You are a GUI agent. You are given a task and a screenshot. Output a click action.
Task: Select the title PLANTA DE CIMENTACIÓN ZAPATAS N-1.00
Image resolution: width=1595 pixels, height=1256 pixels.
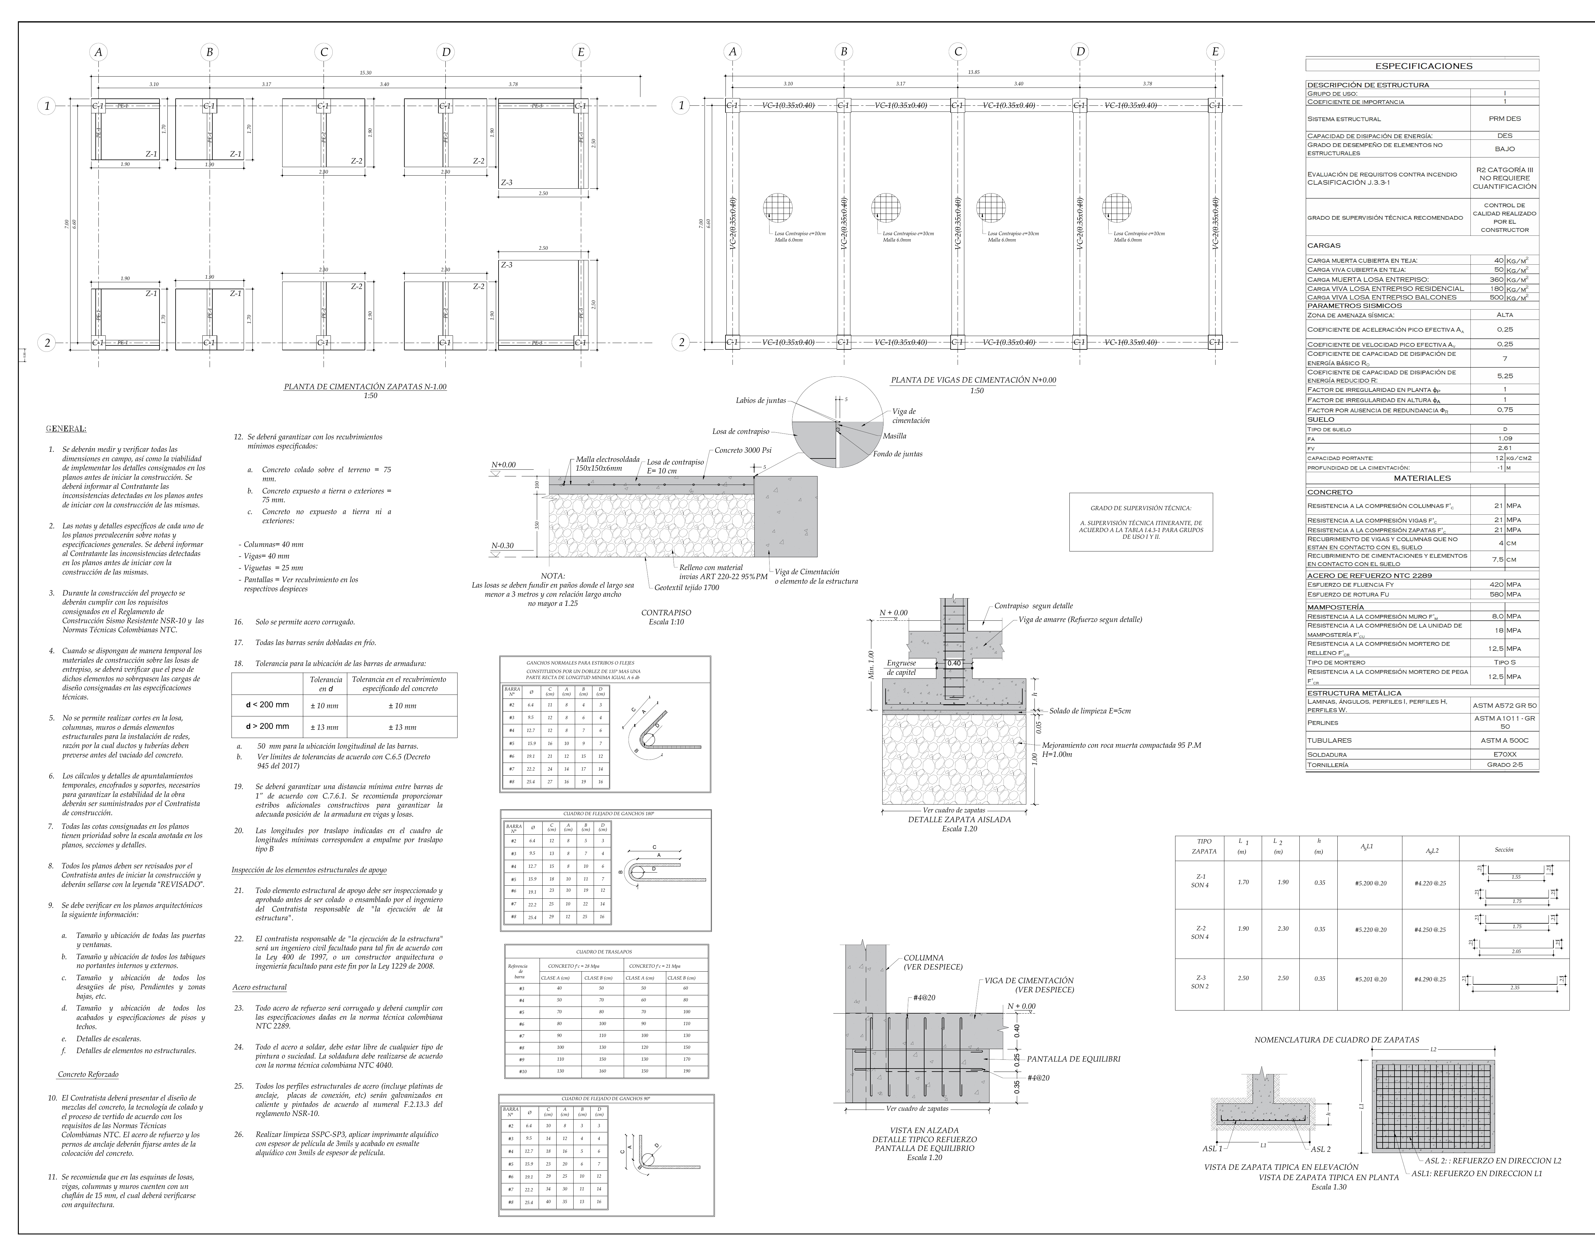tap(365, 387)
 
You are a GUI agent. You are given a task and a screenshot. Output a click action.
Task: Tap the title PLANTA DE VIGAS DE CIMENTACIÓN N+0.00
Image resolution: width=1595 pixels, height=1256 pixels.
tap(973, 380)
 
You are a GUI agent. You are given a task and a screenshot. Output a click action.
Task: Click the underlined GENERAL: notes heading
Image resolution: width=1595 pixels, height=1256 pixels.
tap(66, 429)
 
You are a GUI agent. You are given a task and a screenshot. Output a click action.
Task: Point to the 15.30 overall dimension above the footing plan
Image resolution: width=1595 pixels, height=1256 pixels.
tap(365, 73)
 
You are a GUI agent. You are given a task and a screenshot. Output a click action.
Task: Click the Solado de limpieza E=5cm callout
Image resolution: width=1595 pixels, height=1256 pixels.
tap(1090, 711)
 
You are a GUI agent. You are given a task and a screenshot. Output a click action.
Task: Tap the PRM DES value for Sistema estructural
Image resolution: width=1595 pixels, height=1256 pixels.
tap(1504, 118)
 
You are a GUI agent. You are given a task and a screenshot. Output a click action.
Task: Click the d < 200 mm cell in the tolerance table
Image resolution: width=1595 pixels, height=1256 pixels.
tap(268, 705)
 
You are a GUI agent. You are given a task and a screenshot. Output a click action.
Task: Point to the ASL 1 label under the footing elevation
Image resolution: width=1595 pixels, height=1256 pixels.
tap(1212, 1149)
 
